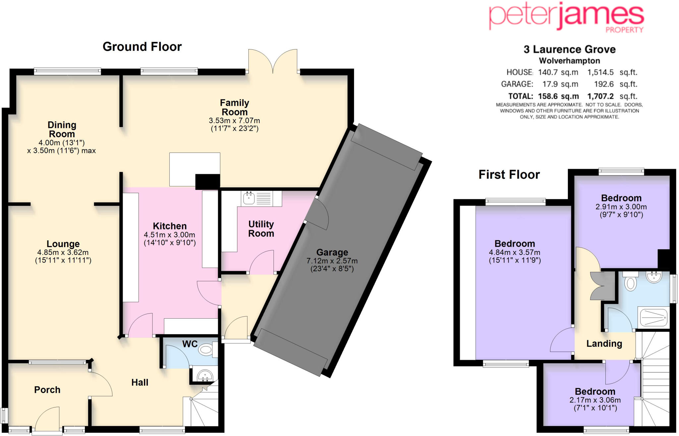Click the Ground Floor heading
(142, 47)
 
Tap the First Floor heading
(509, 175)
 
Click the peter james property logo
(566, 17)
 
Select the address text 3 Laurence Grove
(569, 49)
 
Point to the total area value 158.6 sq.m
(558, 96)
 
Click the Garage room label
(332, 252)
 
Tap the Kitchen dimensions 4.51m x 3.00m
(169, 235)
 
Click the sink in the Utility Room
(249, 198)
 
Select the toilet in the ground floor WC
(207, 349)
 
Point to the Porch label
(47, 390)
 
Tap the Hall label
(140, 383)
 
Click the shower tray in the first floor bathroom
(653, 318)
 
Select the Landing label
(604, 344)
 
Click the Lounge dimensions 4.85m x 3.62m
(63, 252)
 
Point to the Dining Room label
(62, 130)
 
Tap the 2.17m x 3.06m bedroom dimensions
(595, 400)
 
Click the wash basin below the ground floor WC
(205, 376)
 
